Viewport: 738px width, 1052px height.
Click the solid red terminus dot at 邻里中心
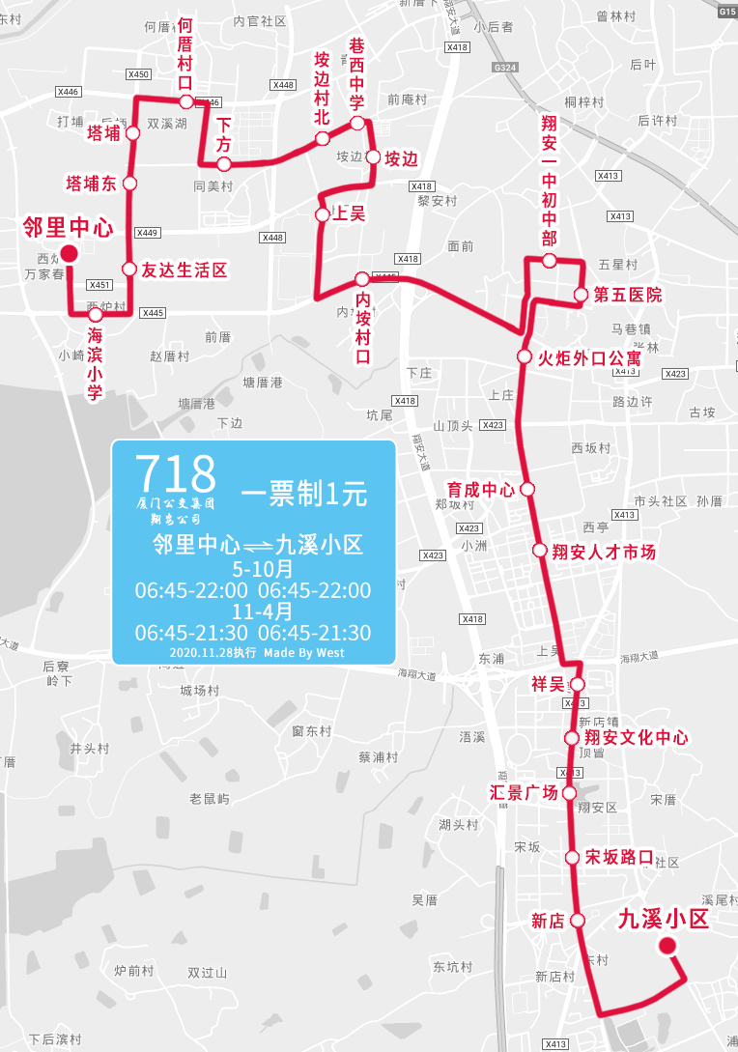click(x=69, y=254)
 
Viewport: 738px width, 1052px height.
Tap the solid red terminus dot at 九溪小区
click(x=667, y=946)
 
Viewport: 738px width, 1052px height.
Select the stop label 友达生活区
click(x=184, y=270)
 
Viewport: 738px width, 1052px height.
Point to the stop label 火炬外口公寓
click(x=589, y=358)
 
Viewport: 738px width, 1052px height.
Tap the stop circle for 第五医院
click(x=581, y=295)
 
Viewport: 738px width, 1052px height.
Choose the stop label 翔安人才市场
click(x=604, y=552)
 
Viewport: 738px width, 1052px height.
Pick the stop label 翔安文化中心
click(x=637, y=738)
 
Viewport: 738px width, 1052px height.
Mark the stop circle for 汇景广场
click(x=569, y=793)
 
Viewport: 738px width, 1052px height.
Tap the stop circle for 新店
click(x=577, y=921)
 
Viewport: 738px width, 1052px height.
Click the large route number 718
click(x=175, y=473)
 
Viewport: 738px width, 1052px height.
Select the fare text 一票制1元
click(x=304, y=495)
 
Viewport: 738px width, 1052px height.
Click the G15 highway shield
click(x=727, y=11)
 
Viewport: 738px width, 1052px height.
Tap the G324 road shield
click(x=503, y=68)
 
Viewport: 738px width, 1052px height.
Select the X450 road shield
click(x=138, y=74)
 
